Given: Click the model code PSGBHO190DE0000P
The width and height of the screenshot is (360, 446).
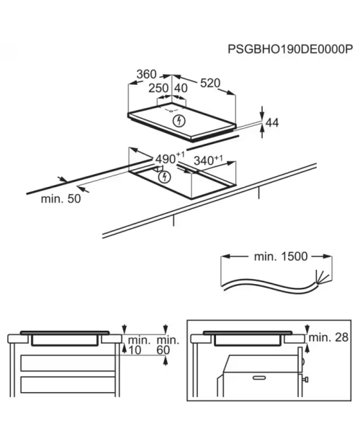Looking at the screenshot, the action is pyautogui.click(x=290, y=49).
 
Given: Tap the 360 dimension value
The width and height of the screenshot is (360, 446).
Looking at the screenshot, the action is pyautogui.click(x=147, y=74).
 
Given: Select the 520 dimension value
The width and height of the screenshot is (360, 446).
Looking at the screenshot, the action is pyautogui.click(x=210, y=83).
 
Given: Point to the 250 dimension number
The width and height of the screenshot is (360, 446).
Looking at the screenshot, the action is pyautogui.click(x=158, y=88).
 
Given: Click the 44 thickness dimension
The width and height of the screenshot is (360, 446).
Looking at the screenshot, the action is pyautogui.click(x=272, y=122).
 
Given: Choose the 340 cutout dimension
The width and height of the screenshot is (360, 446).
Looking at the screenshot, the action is pyautogui.click(x=208, y=160).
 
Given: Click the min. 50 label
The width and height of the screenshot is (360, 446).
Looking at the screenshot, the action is pyautogui.click(x=61, y=199).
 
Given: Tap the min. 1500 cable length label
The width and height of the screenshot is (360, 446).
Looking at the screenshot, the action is pyautogui.click(x=281, y=256).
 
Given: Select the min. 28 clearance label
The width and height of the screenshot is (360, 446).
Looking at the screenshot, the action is pyautogui.click(x=328, y=337).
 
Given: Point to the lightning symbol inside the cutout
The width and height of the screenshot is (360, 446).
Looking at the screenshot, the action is pyautogui.click(x=164, y=177).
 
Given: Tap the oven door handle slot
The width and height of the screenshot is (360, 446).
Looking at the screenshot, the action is pyautogui.click(x=259, y=378).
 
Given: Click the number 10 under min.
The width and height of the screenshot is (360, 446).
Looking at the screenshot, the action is pyautogui.click(x=135, y=350).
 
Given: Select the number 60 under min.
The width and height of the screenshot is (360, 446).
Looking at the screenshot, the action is pyautogui.click(x=163, y=350).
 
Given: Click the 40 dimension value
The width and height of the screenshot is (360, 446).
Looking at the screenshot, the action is pyautogui.click(x=181, y=88).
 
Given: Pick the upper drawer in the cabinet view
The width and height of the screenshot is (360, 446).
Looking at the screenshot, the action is pyautogui.click(x=68, y=363).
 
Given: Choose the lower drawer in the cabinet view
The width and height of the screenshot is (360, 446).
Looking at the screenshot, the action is pyautogui.click(x=68, y=385).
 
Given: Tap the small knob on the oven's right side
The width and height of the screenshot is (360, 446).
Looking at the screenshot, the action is pyautogui.click(x=306, y=379).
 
